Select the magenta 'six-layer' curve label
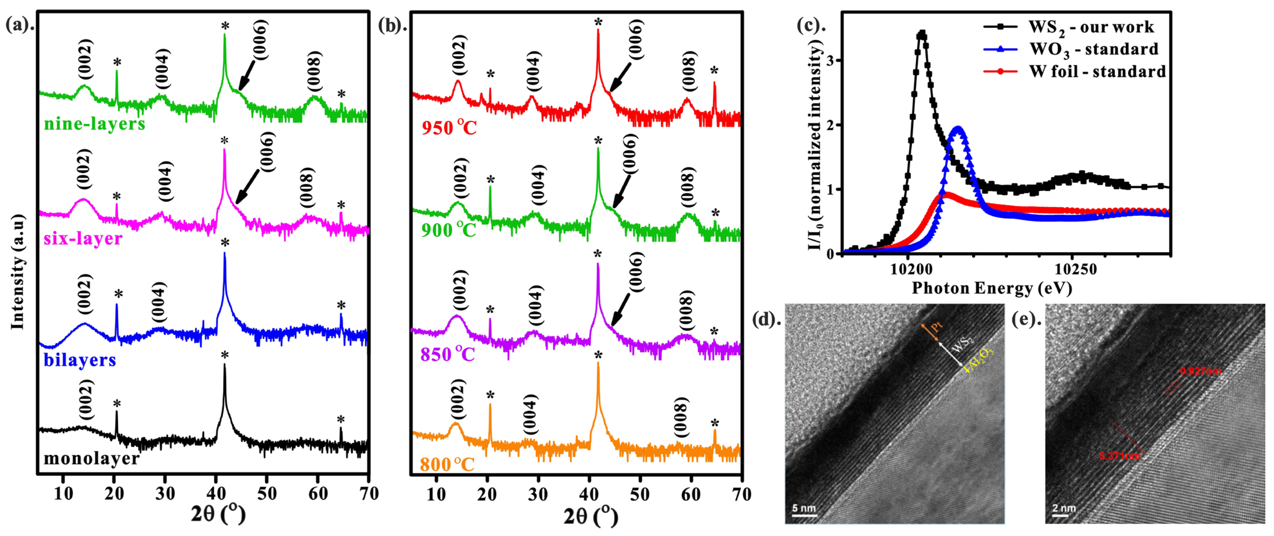point(83,239)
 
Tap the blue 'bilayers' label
point(79,360)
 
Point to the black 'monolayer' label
point(91,458)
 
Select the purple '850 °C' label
point(448,354)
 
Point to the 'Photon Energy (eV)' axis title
point(992,288)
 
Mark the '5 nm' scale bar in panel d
point(804,510)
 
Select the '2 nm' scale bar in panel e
point(1063,510)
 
